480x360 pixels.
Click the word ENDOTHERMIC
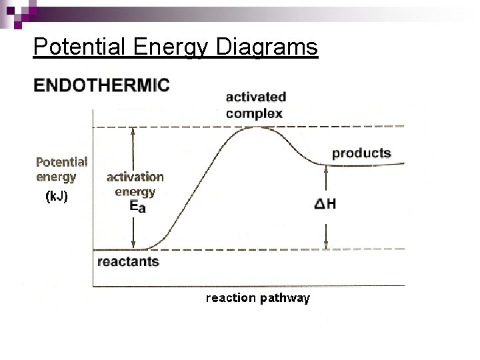(x=102, y=85)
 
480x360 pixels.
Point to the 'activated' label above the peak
(x=256, y=97)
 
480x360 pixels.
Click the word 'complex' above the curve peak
(x=254, y=113)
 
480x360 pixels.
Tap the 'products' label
(x=361, y=153)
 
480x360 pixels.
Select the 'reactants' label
(x=128, y=261)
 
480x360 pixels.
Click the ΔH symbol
(x=325, y=203)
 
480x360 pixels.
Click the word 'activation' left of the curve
(x=135, y=177)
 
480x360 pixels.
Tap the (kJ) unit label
(x=56, y=197)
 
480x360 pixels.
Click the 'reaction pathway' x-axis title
(x=257, y=298)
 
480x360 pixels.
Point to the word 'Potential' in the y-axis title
(x=61, y=161)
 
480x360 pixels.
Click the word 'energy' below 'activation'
(x=135, y=191)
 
